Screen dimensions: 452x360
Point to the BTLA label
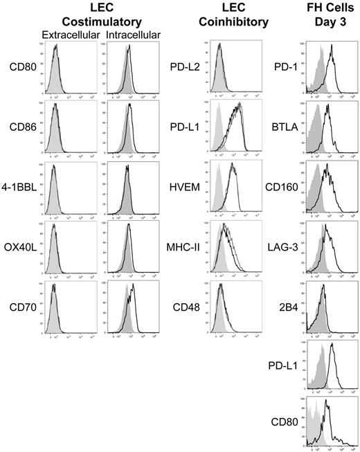(x=279, y=127)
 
